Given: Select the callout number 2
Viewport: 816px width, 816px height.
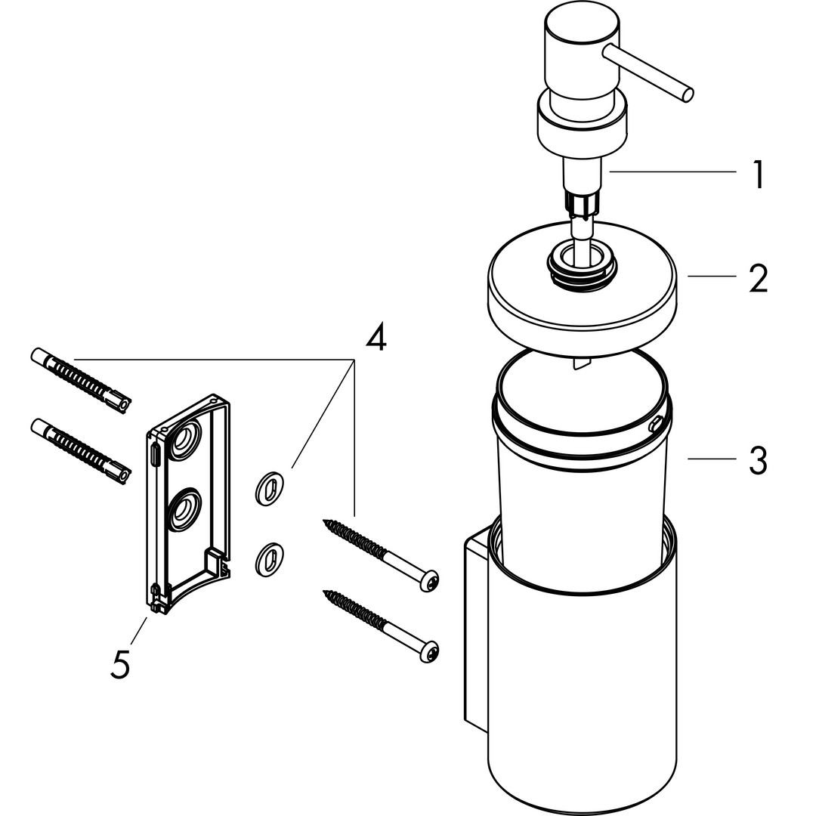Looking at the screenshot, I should tap(758, 278).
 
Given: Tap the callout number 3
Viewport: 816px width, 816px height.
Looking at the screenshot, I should tap(758, 459).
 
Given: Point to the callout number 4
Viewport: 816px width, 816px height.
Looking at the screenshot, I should tap(376, 337).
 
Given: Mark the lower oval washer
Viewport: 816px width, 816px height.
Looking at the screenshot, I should tap(268, 558).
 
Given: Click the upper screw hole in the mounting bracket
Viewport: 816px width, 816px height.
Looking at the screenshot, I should tap(182, 442).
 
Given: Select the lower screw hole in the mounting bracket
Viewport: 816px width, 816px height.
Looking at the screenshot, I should tap(182, 512).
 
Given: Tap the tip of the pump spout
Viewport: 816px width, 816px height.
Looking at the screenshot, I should tap(688, 94).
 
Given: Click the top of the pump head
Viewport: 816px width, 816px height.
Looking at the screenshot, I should tap(581, 31).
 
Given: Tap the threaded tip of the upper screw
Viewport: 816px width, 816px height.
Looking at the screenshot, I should tap(327, 522).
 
